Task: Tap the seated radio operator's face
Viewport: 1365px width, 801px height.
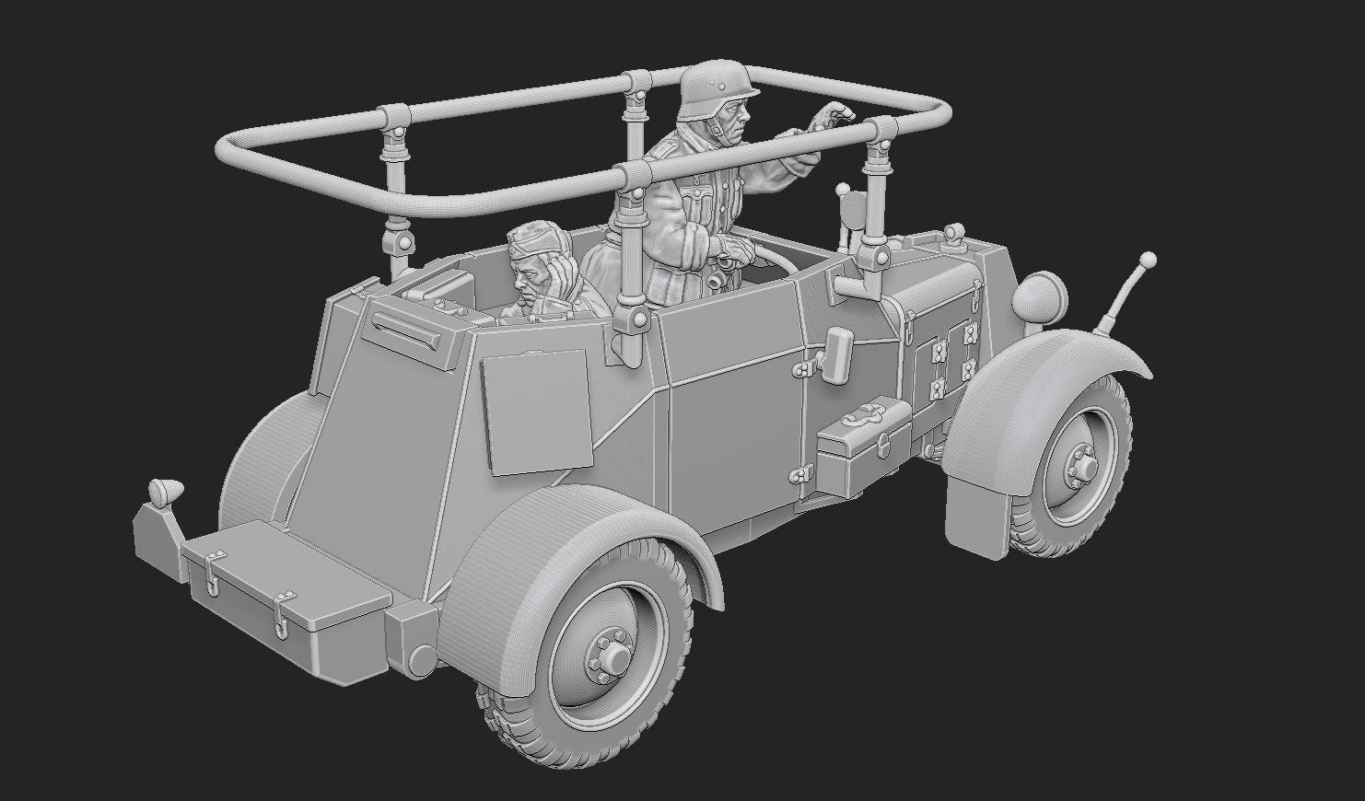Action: coord(526,276)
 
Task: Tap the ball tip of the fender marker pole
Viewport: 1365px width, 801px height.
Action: coord(1148,259)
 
